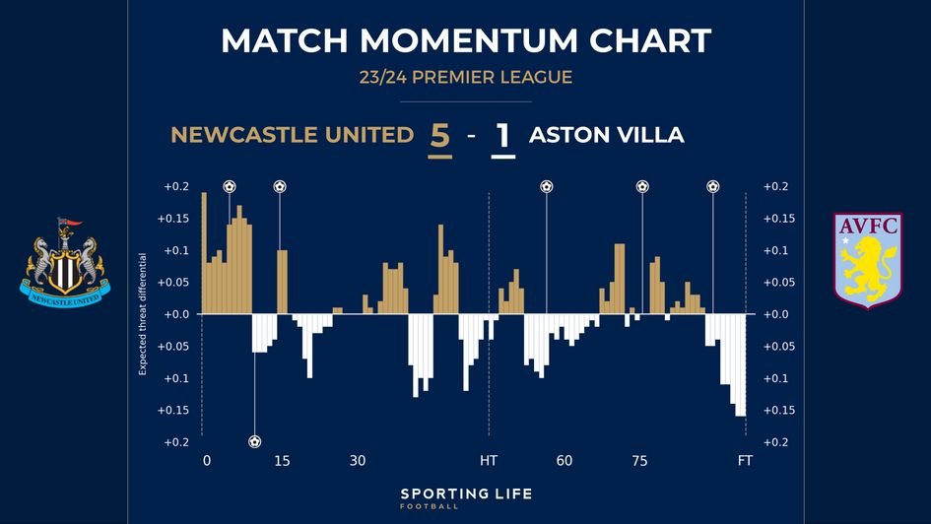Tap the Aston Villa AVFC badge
[866, 260]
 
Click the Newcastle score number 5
[439, 136]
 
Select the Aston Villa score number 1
[503, 136]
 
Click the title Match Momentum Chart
[465, 40]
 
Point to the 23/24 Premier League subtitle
[465, 77]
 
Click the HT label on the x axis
[489, 461]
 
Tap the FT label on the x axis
[745, 461]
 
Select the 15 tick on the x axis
[282, 461]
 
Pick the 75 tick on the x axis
[639, 461]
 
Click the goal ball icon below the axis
[255, 441]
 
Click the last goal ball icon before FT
[713, 186]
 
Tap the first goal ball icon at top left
[230, 186]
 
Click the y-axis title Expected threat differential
[143, 314]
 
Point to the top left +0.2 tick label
[176, 186]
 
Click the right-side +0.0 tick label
[775, 314]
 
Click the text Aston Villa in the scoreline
[606, 136]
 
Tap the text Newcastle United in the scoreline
[292, 136]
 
